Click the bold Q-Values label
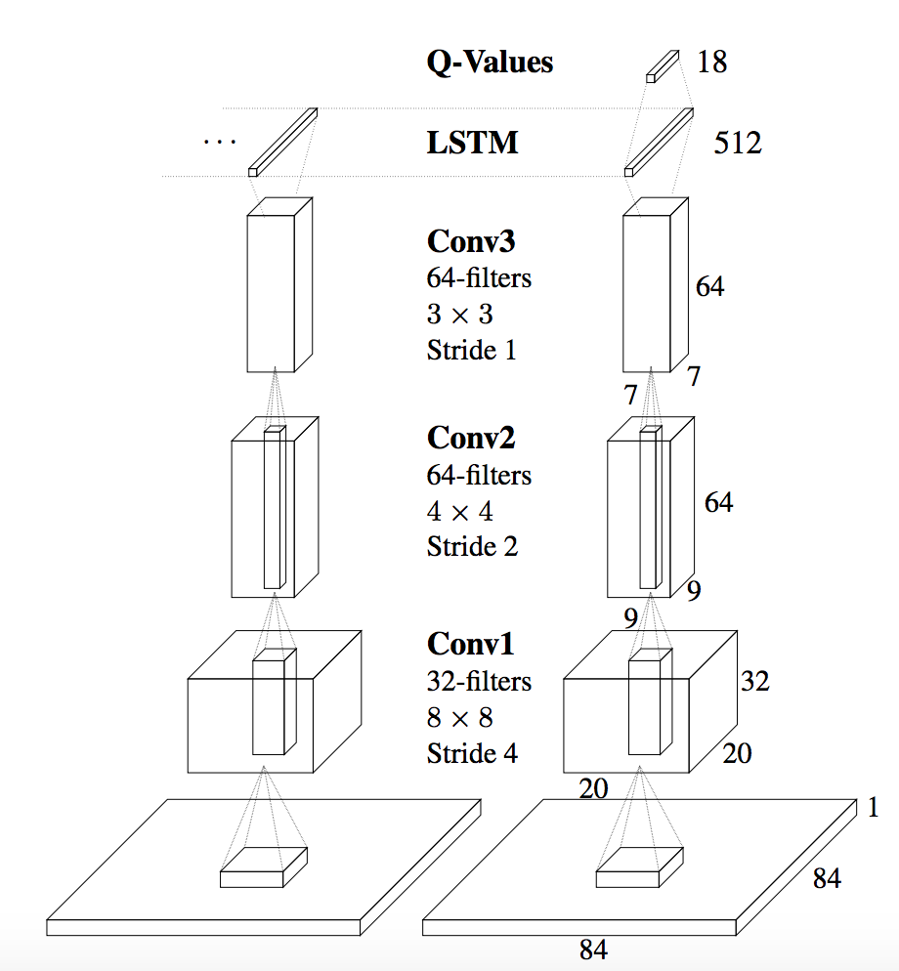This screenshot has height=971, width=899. pyautogui.click(x=490, y=63)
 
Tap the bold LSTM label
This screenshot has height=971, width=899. pyautogui.click(x=472, y=144)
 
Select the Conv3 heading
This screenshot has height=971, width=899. pyautogui.click(x=470, y=241)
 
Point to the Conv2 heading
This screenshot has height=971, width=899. pyautogui.click(x=470, y=438)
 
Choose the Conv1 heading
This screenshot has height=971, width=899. pyautogui.click(x=470, y=644)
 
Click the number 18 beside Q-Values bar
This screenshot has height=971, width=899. pyautogui.click(x=711, y=63)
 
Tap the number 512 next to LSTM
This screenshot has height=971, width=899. pyautogui.click(x=738, y=145)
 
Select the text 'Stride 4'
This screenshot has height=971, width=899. pyautogui.click(x=472, y=753)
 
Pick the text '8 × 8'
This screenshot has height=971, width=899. pyautogui.click(x=459, y=718)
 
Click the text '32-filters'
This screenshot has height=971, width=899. pyautogui.click(x=479, y=681)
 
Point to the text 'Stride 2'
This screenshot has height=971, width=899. pyautogui.click(x=472, y=547)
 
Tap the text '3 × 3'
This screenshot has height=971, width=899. pyautogui.click(x=459, y=315)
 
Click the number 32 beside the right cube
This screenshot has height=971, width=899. pyautogui.click(x=754, y=681)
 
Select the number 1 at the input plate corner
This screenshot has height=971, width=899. pyautogui.click(x=873, y=808)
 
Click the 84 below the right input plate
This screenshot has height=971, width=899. pyautogui.click(x=594, y=950)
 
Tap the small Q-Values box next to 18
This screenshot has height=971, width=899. pyautogui.click(x=662, y=65)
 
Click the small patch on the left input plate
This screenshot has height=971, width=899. pyautogui.click(x=263, y=867)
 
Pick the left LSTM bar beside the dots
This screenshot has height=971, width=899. pyautogui.click(x=283, y=143)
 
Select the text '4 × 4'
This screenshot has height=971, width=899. pyautogui.click(x=459, y=511)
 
